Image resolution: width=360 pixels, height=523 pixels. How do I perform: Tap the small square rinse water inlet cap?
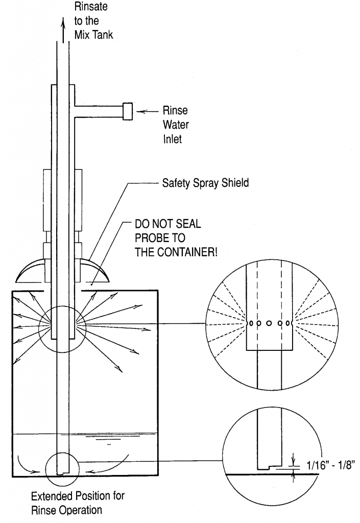(x=128, y=111)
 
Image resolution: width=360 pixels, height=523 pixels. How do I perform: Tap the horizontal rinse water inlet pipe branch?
(x=100, y=111)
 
